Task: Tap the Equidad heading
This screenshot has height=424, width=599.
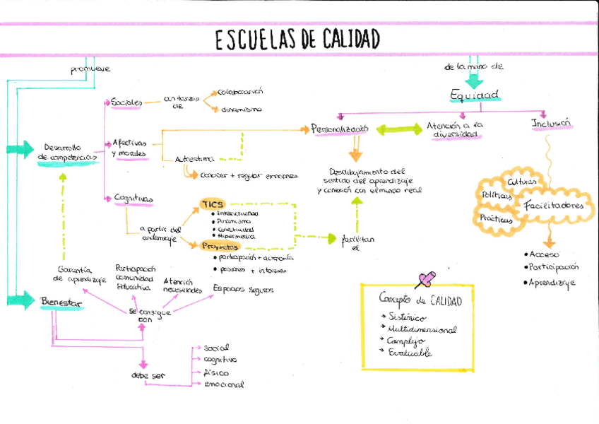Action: click(475, 95)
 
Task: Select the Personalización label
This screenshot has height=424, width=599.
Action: click(340, 129)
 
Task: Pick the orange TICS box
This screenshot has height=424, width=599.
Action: click(213, 204)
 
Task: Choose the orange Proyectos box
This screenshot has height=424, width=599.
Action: click(220, 246)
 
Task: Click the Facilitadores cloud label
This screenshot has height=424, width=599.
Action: click(554, 206)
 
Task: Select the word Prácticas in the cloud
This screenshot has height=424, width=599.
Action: click(496, 218)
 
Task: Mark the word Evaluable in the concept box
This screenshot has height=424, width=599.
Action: click(410, 353)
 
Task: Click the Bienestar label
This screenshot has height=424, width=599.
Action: click(61, 302)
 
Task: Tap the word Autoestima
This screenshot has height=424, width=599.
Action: click(195, 159)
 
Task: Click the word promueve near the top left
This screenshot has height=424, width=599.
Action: click(90, 69)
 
